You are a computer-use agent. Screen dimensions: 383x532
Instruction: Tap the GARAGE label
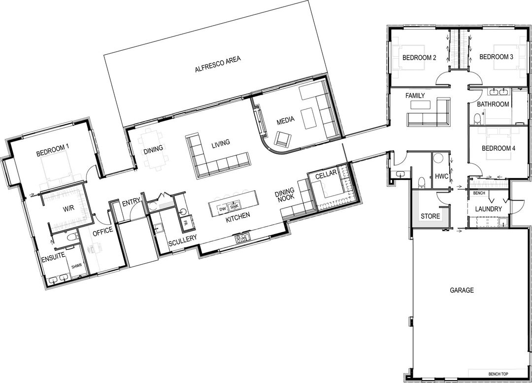(x=462, y=290)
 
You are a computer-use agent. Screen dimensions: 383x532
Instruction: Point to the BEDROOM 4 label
(x=498, y=148)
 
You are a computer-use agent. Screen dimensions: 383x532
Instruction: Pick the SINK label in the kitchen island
(x=233, y=207)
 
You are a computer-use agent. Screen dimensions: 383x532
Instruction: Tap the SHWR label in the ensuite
(x=76, y=266)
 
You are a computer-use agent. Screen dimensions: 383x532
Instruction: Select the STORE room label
(x=430, y=216)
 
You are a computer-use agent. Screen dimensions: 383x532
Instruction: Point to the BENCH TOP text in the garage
(x=498, y=374)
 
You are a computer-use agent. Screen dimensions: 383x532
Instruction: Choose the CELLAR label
(x=326, y=174)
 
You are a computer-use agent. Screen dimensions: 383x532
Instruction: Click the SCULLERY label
(x=182, y=242)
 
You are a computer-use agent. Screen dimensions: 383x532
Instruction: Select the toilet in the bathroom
(x=477, y=118)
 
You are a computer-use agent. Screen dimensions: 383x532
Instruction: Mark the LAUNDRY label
(x=488, y=209)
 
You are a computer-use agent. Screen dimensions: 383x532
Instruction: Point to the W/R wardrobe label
(x=68, y=209)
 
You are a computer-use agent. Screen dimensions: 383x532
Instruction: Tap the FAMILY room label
(x=415, y=95)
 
